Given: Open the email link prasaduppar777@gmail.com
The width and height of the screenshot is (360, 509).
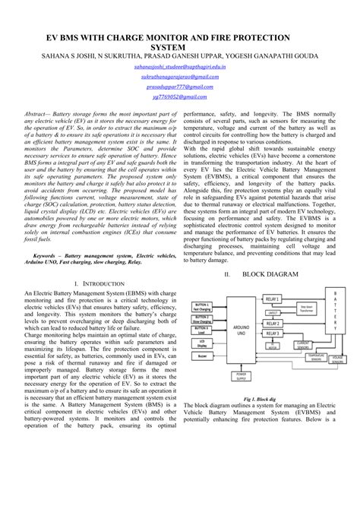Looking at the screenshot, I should (x=179, y=87).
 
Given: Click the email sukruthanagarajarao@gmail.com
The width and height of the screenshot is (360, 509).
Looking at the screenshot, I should (x=179, y=77).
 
